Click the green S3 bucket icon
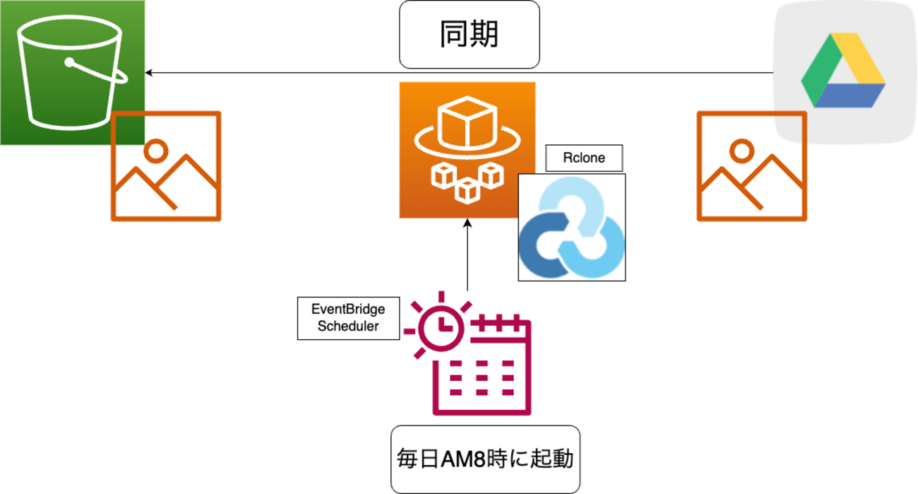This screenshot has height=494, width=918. tap(71, 71)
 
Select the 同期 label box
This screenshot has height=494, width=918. tap(469, 35)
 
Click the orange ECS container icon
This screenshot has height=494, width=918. tap(467, 150)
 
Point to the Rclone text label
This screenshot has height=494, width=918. tap(584, 158)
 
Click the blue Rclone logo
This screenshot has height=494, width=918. tap(571, 228)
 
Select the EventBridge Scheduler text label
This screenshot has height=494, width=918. tap(348, 317)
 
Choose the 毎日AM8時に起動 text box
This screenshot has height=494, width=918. tap(485, 459)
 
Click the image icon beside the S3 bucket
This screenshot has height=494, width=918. tap(166, 166)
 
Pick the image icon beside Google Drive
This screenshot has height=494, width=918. tap(751, 166)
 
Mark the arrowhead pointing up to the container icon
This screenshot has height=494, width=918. tap(467, 223)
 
